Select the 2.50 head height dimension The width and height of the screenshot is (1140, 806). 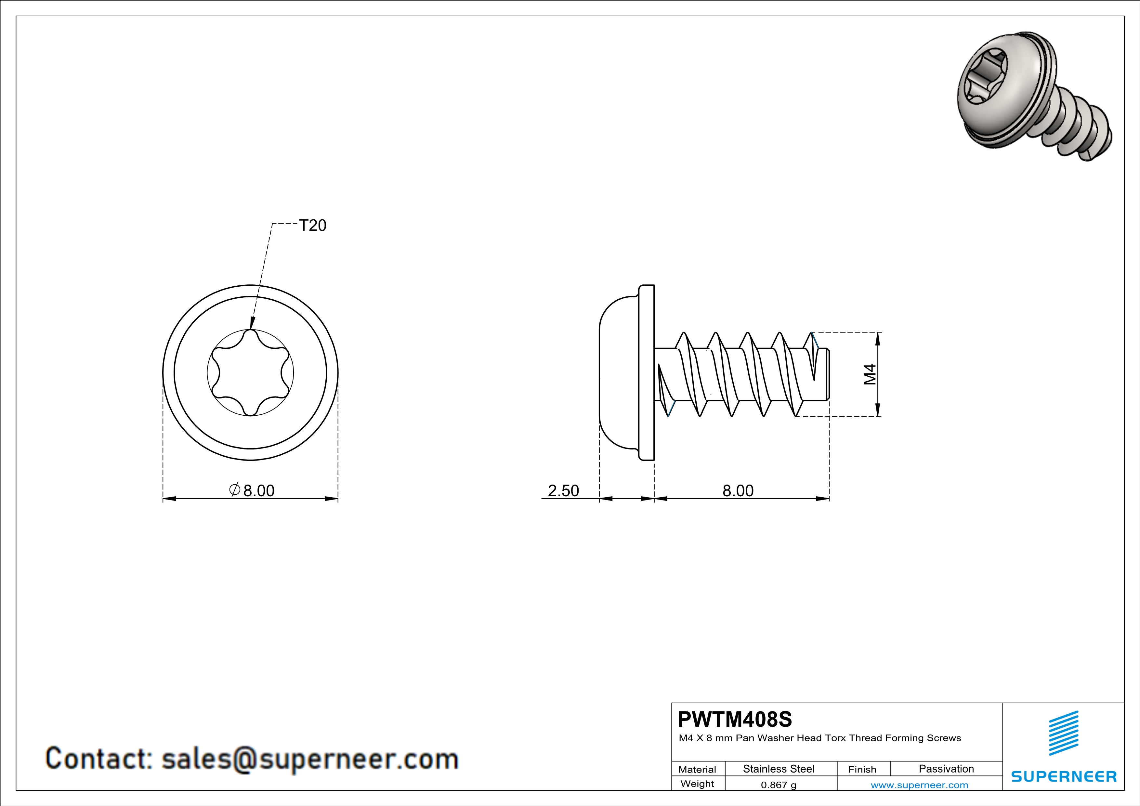(x=563, y=490)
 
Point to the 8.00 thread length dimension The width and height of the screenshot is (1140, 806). (x=738, y=490)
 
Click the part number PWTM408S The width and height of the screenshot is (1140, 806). (x=735, y=719)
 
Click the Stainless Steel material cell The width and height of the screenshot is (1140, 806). (x=779, y=769)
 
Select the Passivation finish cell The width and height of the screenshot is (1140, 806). (x=946, y=769)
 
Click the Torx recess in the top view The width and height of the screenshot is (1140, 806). (x=250, y=372)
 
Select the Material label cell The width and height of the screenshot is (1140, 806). (x=697, y=769)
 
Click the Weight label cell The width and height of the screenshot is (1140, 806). (x=697, y=784)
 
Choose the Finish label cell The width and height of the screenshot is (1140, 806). (x=862, y=769)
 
